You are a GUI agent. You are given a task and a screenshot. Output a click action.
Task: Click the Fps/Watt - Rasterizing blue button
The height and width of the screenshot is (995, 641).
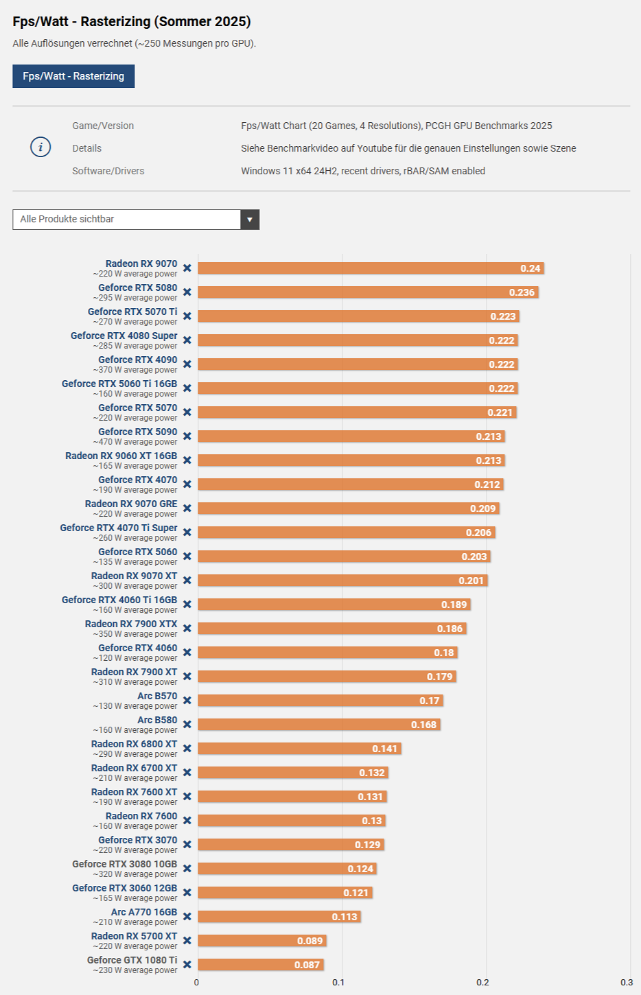(73, 76)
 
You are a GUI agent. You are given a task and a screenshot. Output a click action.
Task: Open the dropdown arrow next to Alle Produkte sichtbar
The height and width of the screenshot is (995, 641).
(250, 220)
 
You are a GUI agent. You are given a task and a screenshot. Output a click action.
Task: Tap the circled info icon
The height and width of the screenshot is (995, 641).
(40, 147)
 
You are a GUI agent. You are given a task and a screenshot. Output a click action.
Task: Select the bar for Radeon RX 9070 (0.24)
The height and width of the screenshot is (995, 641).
(371, 268)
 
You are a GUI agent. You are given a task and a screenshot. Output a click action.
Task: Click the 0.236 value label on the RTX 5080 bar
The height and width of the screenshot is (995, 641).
(522, 292)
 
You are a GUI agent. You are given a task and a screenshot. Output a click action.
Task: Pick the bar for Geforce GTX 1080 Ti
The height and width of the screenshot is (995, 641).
(261, 965)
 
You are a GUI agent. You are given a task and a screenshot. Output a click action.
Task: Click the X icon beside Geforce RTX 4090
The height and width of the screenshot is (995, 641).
(187, 364)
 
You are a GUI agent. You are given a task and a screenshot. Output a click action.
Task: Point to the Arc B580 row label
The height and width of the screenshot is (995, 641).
(157, 720)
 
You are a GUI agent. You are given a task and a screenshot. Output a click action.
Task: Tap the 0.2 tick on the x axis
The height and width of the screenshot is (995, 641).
(483, 983)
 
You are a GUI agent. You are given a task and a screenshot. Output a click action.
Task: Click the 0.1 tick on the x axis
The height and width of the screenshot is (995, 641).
(338, 983)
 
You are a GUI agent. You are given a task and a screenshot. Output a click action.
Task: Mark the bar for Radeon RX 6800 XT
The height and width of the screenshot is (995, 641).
(299, 749)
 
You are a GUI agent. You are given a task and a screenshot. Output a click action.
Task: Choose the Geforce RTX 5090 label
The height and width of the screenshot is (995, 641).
(137, 432)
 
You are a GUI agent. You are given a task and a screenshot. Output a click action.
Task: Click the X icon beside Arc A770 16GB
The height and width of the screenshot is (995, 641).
(187, 917)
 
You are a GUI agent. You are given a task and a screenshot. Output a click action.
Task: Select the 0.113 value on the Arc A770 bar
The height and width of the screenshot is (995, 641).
(345, 917)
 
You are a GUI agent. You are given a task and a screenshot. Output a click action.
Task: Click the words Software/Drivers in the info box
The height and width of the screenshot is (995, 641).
(108, 171)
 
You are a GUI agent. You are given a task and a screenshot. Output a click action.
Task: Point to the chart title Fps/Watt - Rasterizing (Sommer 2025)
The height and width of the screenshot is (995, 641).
(132, 21)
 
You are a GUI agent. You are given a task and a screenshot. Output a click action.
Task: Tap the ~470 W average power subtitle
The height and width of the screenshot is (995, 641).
(135, 442)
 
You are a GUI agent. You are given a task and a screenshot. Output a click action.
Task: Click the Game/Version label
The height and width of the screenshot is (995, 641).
(103, 126)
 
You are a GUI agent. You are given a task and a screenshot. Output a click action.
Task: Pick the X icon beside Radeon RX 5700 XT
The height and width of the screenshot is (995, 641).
(187, 941)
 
